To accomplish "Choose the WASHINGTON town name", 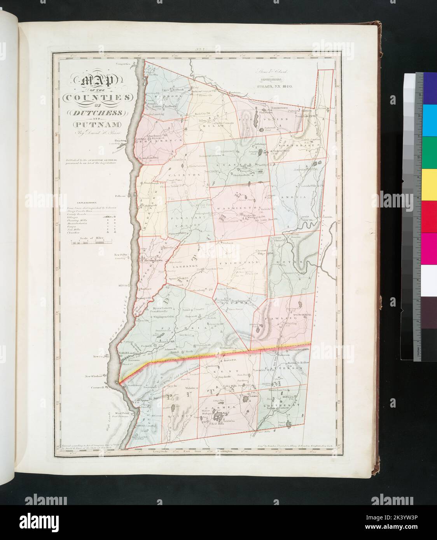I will [232, 209].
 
